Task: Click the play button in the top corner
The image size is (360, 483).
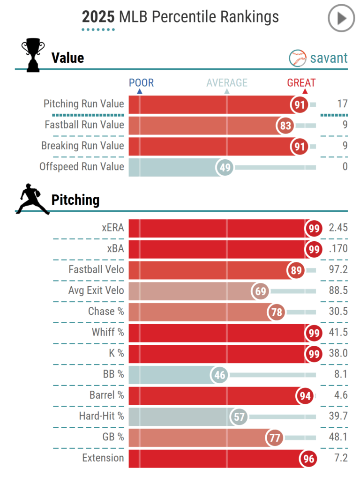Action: (x=341, y=18)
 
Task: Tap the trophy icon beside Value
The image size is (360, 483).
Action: (x=33, y=56)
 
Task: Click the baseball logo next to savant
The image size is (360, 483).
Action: (x=298, y=58)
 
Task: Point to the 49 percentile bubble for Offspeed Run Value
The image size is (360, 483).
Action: (x=225, y=167)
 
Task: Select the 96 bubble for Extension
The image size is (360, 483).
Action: (x=308, y=459)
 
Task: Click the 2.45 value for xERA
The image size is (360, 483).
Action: (x=338, y=229)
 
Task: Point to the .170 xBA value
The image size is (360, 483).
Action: (x=338, y=249)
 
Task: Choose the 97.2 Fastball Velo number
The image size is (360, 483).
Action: (x=338, y=270)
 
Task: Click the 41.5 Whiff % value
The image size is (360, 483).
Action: (x=338, y=333)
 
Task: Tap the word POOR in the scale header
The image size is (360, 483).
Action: (x=141, y=83)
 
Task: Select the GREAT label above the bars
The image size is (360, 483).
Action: (x=301, y=83)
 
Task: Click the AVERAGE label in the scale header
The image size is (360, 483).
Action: (x=227, y=83)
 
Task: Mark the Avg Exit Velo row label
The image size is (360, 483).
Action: (x=96, y=290)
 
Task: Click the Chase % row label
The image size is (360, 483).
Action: (x=106, y=312)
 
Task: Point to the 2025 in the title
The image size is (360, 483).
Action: (x=98, y=17)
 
